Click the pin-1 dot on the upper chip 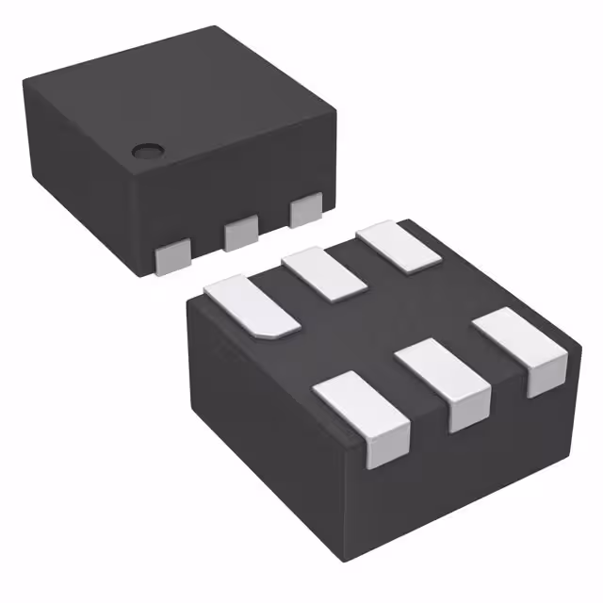(x=145, y=150)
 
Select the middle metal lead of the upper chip (x=240, y=231)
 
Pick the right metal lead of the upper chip (x=306, y=209)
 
